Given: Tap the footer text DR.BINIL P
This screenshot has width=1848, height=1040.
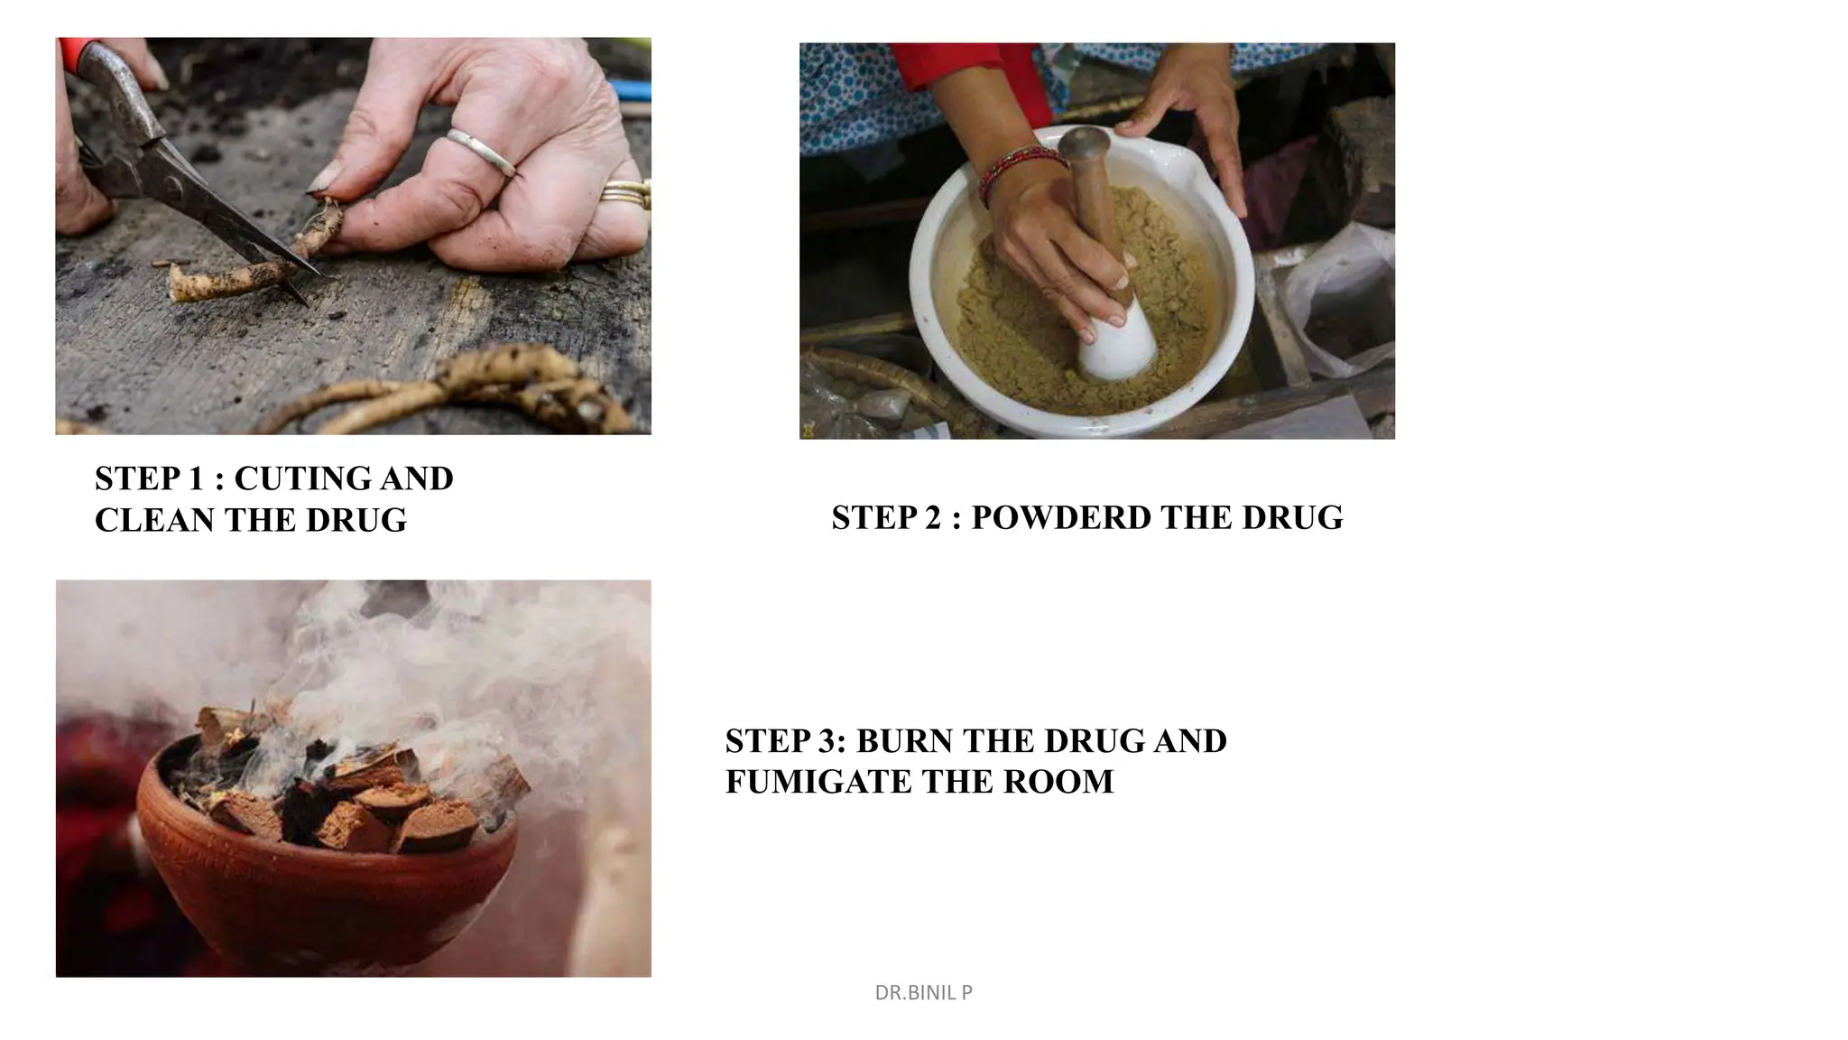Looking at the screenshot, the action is (x=923, y=993).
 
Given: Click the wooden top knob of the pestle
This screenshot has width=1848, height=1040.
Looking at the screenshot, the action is (x=1084, y=144).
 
